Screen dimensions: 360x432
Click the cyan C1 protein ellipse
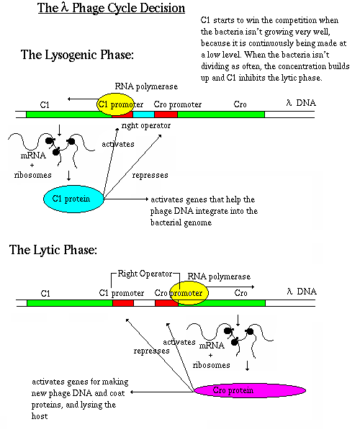click(73, 199)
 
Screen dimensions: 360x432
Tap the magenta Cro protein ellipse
click(250, 390)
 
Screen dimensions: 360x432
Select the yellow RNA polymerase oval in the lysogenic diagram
click(116, 104)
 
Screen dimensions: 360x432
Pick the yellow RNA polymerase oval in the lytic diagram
click(189, 293)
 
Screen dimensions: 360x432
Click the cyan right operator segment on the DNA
click(143, 114)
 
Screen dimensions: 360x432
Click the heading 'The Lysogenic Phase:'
click(77, 55)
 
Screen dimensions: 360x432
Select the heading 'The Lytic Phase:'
click(53, 250)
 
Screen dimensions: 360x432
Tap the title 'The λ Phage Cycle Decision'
click(112, 8)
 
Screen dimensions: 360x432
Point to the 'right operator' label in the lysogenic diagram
click(146, 125)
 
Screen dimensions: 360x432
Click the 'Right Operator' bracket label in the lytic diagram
click(145, 274)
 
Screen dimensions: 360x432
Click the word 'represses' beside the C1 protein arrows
click(150, 175)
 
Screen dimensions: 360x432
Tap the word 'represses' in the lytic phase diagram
click(151, 351)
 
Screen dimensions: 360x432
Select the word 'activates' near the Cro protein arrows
click(179, 342)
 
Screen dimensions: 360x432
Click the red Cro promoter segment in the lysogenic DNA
click(166, 114)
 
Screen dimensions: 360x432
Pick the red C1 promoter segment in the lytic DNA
click(123, 303)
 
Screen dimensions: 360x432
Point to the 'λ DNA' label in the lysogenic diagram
click(301, 103)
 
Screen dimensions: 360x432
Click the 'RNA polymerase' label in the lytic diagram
click(219, 276)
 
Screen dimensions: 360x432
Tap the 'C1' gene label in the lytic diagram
click(45, 294)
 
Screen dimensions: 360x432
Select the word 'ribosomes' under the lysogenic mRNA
click(33, 175)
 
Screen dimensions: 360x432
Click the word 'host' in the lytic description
click(40, 416)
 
